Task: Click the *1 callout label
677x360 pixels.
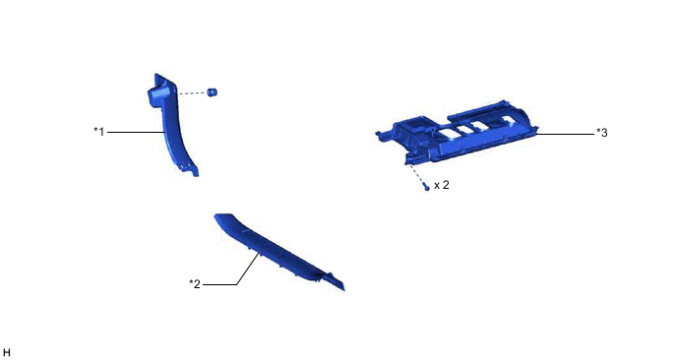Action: pyautogui.click(x=99, y=131)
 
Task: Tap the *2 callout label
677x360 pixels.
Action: pyautogui.click(x=195, y=283)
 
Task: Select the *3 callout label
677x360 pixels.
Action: pyautogui.click(x=602, y=133)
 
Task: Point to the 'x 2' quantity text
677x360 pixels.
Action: pyautogui.click(x=441, y=185)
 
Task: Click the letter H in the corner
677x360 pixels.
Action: pyautogui.click(x=6, y=353)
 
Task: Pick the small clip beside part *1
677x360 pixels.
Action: pyautogui.click(x=212, y=91)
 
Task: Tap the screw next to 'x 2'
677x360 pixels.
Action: pyautogui.click(x=427, y=188)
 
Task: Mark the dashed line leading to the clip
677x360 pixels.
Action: pyautogui.click(x=192, y=92)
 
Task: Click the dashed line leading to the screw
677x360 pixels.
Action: pyautogui.click(x=416, y=174)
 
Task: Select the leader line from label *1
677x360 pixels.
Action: pyautogui.click(x=136, y=132)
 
